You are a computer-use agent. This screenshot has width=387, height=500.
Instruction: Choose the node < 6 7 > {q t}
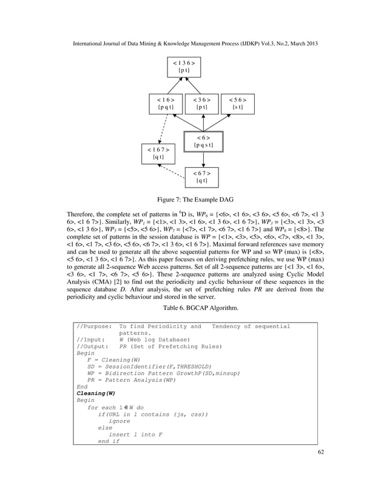[201, 177]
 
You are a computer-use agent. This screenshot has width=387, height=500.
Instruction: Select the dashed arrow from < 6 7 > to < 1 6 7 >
[175, 173]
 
